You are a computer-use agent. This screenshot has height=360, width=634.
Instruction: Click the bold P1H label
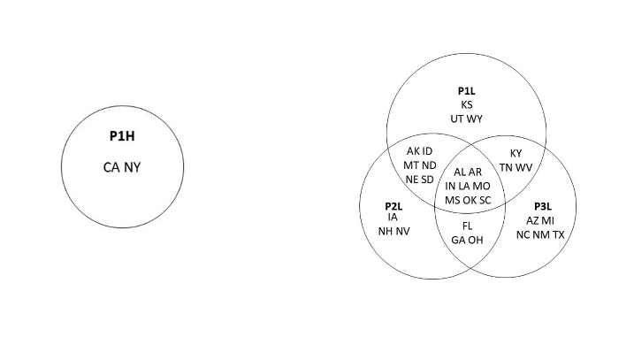click(122, 136)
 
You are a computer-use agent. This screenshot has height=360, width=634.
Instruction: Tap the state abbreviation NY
click(133, 166)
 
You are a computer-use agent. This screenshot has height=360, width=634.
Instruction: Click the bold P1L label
click(467, 91)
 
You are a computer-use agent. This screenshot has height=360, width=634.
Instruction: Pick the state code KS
click(467, 104)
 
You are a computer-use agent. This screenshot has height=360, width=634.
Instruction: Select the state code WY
click(476, 119)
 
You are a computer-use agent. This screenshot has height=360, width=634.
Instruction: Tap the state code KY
click(516, 153)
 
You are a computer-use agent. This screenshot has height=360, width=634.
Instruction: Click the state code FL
click(468, 226)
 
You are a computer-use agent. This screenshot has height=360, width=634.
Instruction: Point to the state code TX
click(558, 234)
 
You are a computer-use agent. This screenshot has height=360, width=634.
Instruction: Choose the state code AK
click(413, 151)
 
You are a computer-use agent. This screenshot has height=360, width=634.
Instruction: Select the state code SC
click(485, 200)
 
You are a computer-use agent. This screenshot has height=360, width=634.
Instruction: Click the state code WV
click(524, 167)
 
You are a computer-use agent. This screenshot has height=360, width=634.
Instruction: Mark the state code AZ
click(533, 220)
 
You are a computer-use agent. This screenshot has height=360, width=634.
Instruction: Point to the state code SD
click(427, 180)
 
